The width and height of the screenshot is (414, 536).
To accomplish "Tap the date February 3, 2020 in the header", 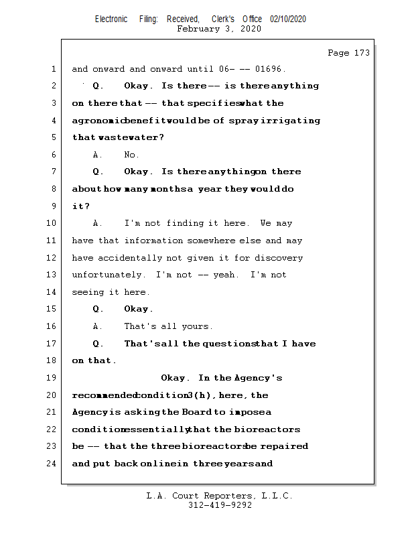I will point(219,29).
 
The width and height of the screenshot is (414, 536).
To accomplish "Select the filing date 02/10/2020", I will point(288,19).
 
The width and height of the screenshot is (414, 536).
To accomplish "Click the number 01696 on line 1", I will point(268,69).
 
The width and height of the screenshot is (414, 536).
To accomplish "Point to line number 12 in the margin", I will point(53,258).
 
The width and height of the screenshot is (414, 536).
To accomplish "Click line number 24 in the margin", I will point(53,464).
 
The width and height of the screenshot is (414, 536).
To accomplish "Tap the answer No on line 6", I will point(131,155).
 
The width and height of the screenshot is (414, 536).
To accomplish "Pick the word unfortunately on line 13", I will point(108,275).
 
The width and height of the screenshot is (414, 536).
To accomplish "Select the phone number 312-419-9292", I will point(220,506).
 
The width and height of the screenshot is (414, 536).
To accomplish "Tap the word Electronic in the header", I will point(111,19).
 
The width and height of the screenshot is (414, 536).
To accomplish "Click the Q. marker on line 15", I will point(98,309).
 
